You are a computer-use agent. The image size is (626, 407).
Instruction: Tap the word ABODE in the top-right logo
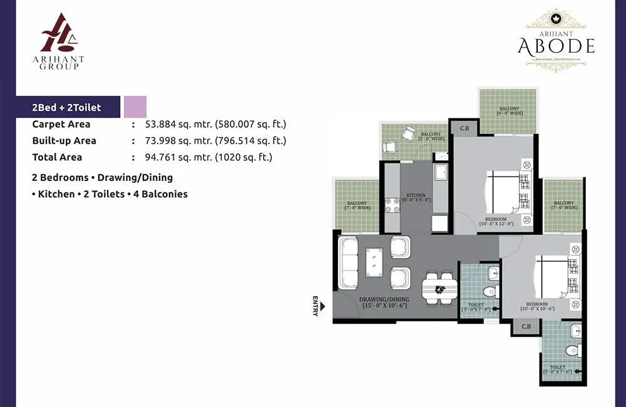pyautogui.click(x=556, y=46)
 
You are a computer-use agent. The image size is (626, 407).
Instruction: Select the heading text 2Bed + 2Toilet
pyautogui.click(x=66, y=108)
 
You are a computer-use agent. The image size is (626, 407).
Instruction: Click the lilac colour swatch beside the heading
pyautogui.click(x=135, y=107)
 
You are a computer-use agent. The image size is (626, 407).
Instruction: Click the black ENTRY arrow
pyautogui.click(x=323, y=307)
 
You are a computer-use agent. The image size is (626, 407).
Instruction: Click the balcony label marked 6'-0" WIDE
pyautogui.click(x=508, y=111)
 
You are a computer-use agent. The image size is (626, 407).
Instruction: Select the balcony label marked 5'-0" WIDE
pyautogui.click(x=430, y=137)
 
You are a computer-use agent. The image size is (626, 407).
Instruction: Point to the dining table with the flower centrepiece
pyautogui.click(x=439, y=289)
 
